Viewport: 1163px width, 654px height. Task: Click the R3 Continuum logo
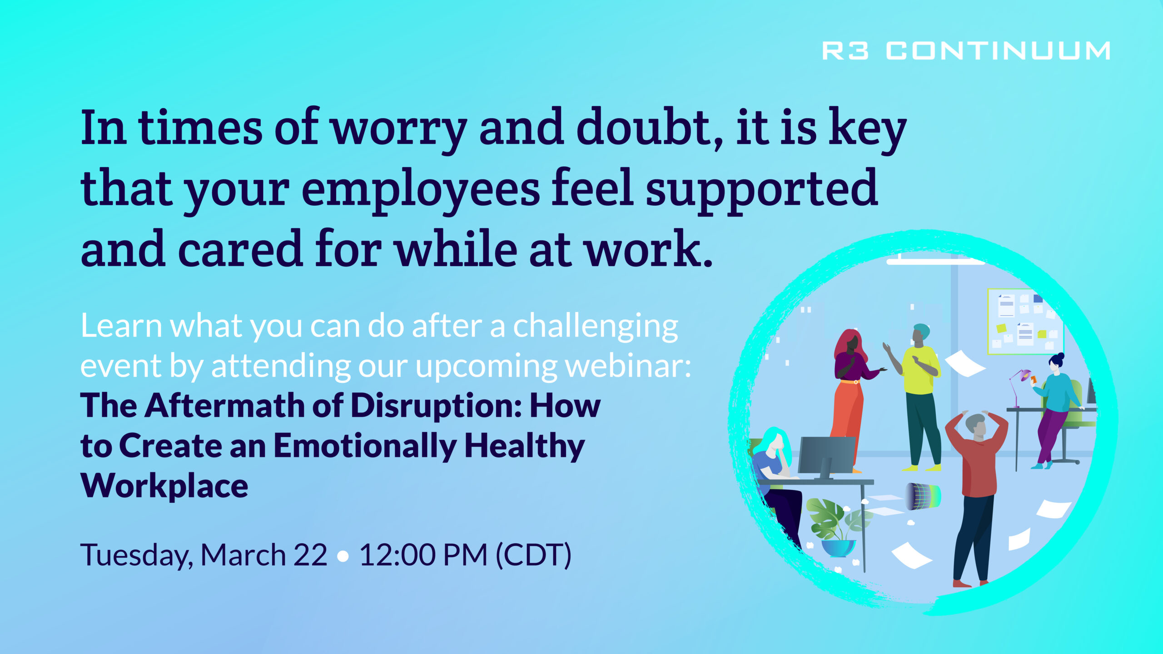coord(966,50)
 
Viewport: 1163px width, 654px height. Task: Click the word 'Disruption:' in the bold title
coord(436,405)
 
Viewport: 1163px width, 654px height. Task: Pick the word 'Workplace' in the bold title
coord(164,486)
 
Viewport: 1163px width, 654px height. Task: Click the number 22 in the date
coord(310,555)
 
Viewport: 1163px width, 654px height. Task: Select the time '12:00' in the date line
coord(398,555)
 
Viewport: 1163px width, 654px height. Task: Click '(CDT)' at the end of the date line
coord(533,555)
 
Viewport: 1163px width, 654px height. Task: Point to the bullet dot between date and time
coord(343,556)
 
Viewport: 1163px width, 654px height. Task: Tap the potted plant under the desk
coord(836,527)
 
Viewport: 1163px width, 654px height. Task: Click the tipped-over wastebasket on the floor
coord(922,496)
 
